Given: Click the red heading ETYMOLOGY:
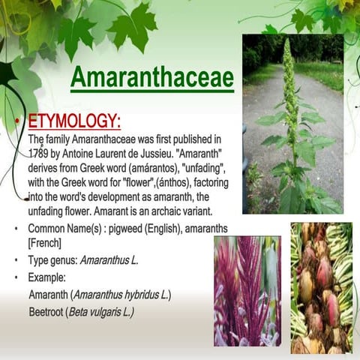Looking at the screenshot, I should [x=74, y=121].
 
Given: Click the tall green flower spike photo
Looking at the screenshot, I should [x=292, y=124].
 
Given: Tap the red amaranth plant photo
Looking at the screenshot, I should [x=247, y=290].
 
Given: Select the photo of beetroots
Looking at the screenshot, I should [x=321, y=287].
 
